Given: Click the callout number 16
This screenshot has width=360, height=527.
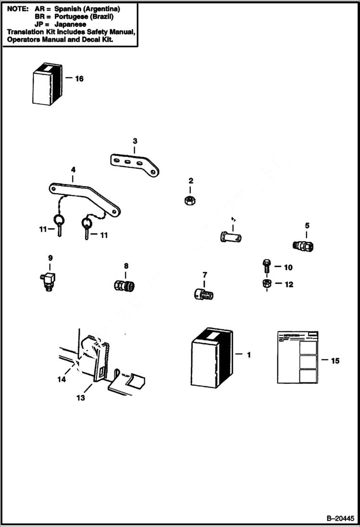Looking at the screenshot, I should coord(79,78).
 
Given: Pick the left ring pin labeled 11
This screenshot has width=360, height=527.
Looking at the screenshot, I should coord(60,225).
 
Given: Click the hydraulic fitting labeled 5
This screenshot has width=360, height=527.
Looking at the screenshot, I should coord(304,245).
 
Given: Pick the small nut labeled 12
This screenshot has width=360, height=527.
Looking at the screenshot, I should coord(266,284).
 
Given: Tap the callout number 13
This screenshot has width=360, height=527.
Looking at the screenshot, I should coord(80,398).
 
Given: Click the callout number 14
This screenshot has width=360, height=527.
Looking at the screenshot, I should coord(61,379).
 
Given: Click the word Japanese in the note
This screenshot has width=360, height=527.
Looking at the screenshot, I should coord(71,24).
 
